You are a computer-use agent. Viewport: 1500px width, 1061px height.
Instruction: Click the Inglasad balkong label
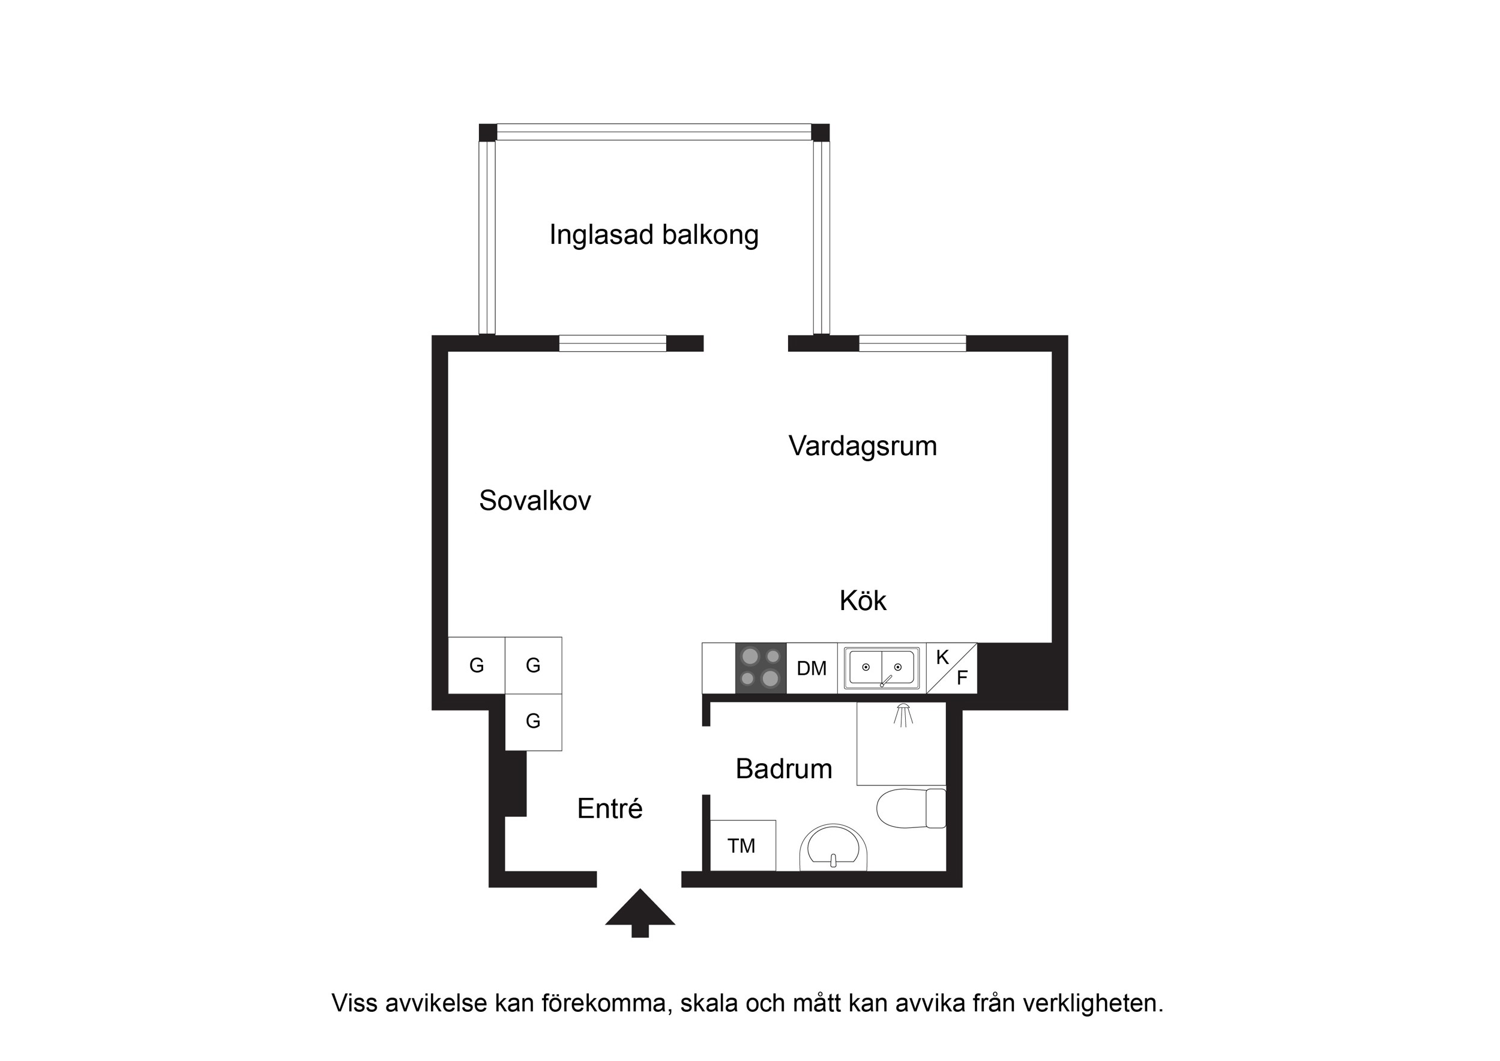653,235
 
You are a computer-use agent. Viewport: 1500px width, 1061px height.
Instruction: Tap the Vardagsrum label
863,446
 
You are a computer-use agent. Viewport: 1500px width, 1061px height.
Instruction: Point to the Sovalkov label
534,501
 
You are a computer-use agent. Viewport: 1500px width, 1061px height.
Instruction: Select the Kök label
863,600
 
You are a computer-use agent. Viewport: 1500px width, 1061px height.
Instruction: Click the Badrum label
783,769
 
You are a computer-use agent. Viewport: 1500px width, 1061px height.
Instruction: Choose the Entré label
609,809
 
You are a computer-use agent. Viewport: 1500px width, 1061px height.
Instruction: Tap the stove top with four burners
761,668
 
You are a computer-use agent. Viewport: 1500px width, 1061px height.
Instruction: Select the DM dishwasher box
812,668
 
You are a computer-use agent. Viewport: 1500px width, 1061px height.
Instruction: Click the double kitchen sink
881,668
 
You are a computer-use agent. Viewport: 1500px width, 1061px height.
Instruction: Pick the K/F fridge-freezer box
951,668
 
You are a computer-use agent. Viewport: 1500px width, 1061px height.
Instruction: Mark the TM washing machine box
742,846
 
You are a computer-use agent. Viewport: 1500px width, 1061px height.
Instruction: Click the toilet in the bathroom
911,808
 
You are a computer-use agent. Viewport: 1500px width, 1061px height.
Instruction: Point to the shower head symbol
903,715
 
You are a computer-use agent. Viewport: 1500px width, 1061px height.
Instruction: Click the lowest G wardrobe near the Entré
533,722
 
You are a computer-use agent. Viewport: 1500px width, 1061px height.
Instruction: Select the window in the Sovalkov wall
612,343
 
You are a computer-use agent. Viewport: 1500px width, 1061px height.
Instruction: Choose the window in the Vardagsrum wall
912,343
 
